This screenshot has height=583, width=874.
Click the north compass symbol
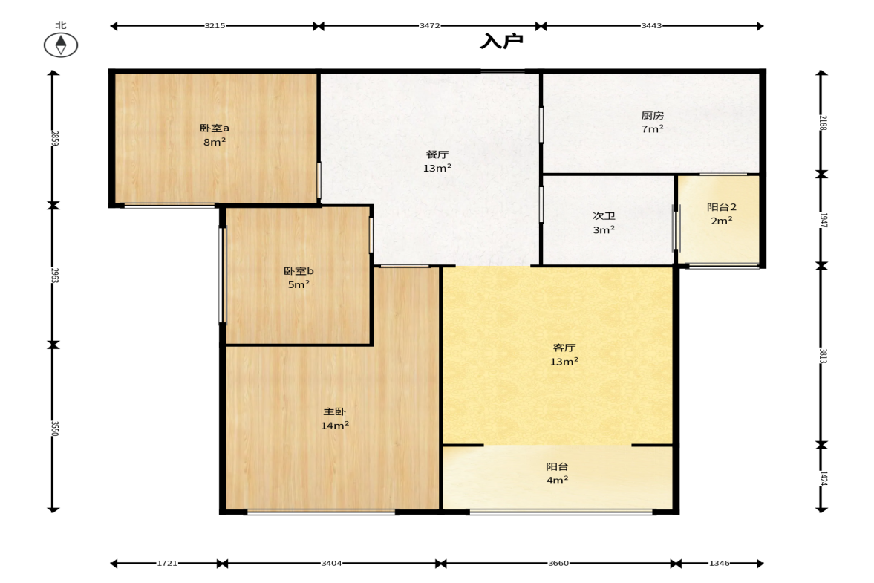click(x=61, y=45)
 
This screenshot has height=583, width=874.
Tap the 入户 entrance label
click(x=501, y=42)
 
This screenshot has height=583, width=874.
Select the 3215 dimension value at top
click(x=215, y=26)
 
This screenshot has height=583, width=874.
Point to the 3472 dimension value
click(x=430, y=26)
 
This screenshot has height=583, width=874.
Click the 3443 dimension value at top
click(x=651, y=26)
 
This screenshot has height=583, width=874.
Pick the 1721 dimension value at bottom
click(x=166, y=564)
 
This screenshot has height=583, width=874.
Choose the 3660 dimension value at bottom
click(x=558, y=564)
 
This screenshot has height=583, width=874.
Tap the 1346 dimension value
click(x=719, y=564)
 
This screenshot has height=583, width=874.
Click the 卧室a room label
click(x=215, y=128)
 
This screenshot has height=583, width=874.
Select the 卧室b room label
click(x=299, y=271)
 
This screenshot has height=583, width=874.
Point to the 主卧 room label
click(x=334, y=412)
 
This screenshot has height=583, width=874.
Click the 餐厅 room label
click(x=437, y=154)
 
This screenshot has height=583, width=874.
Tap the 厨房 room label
click(x=652, y=115)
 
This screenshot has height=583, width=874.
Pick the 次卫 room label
click(x=604, y=216)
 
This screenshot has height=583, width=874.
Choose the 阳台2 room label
click(x=722, y=207)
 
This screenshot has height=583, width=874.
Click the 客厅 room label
click(x=564, y=348)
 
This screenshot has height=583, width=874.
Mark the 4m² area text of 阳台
click(x=557, y=480)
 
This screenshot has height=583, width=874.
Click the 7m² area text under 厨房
click(x=652, y=128)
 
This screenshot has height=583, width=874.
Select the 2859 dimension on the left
click(x=55, y=138)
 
